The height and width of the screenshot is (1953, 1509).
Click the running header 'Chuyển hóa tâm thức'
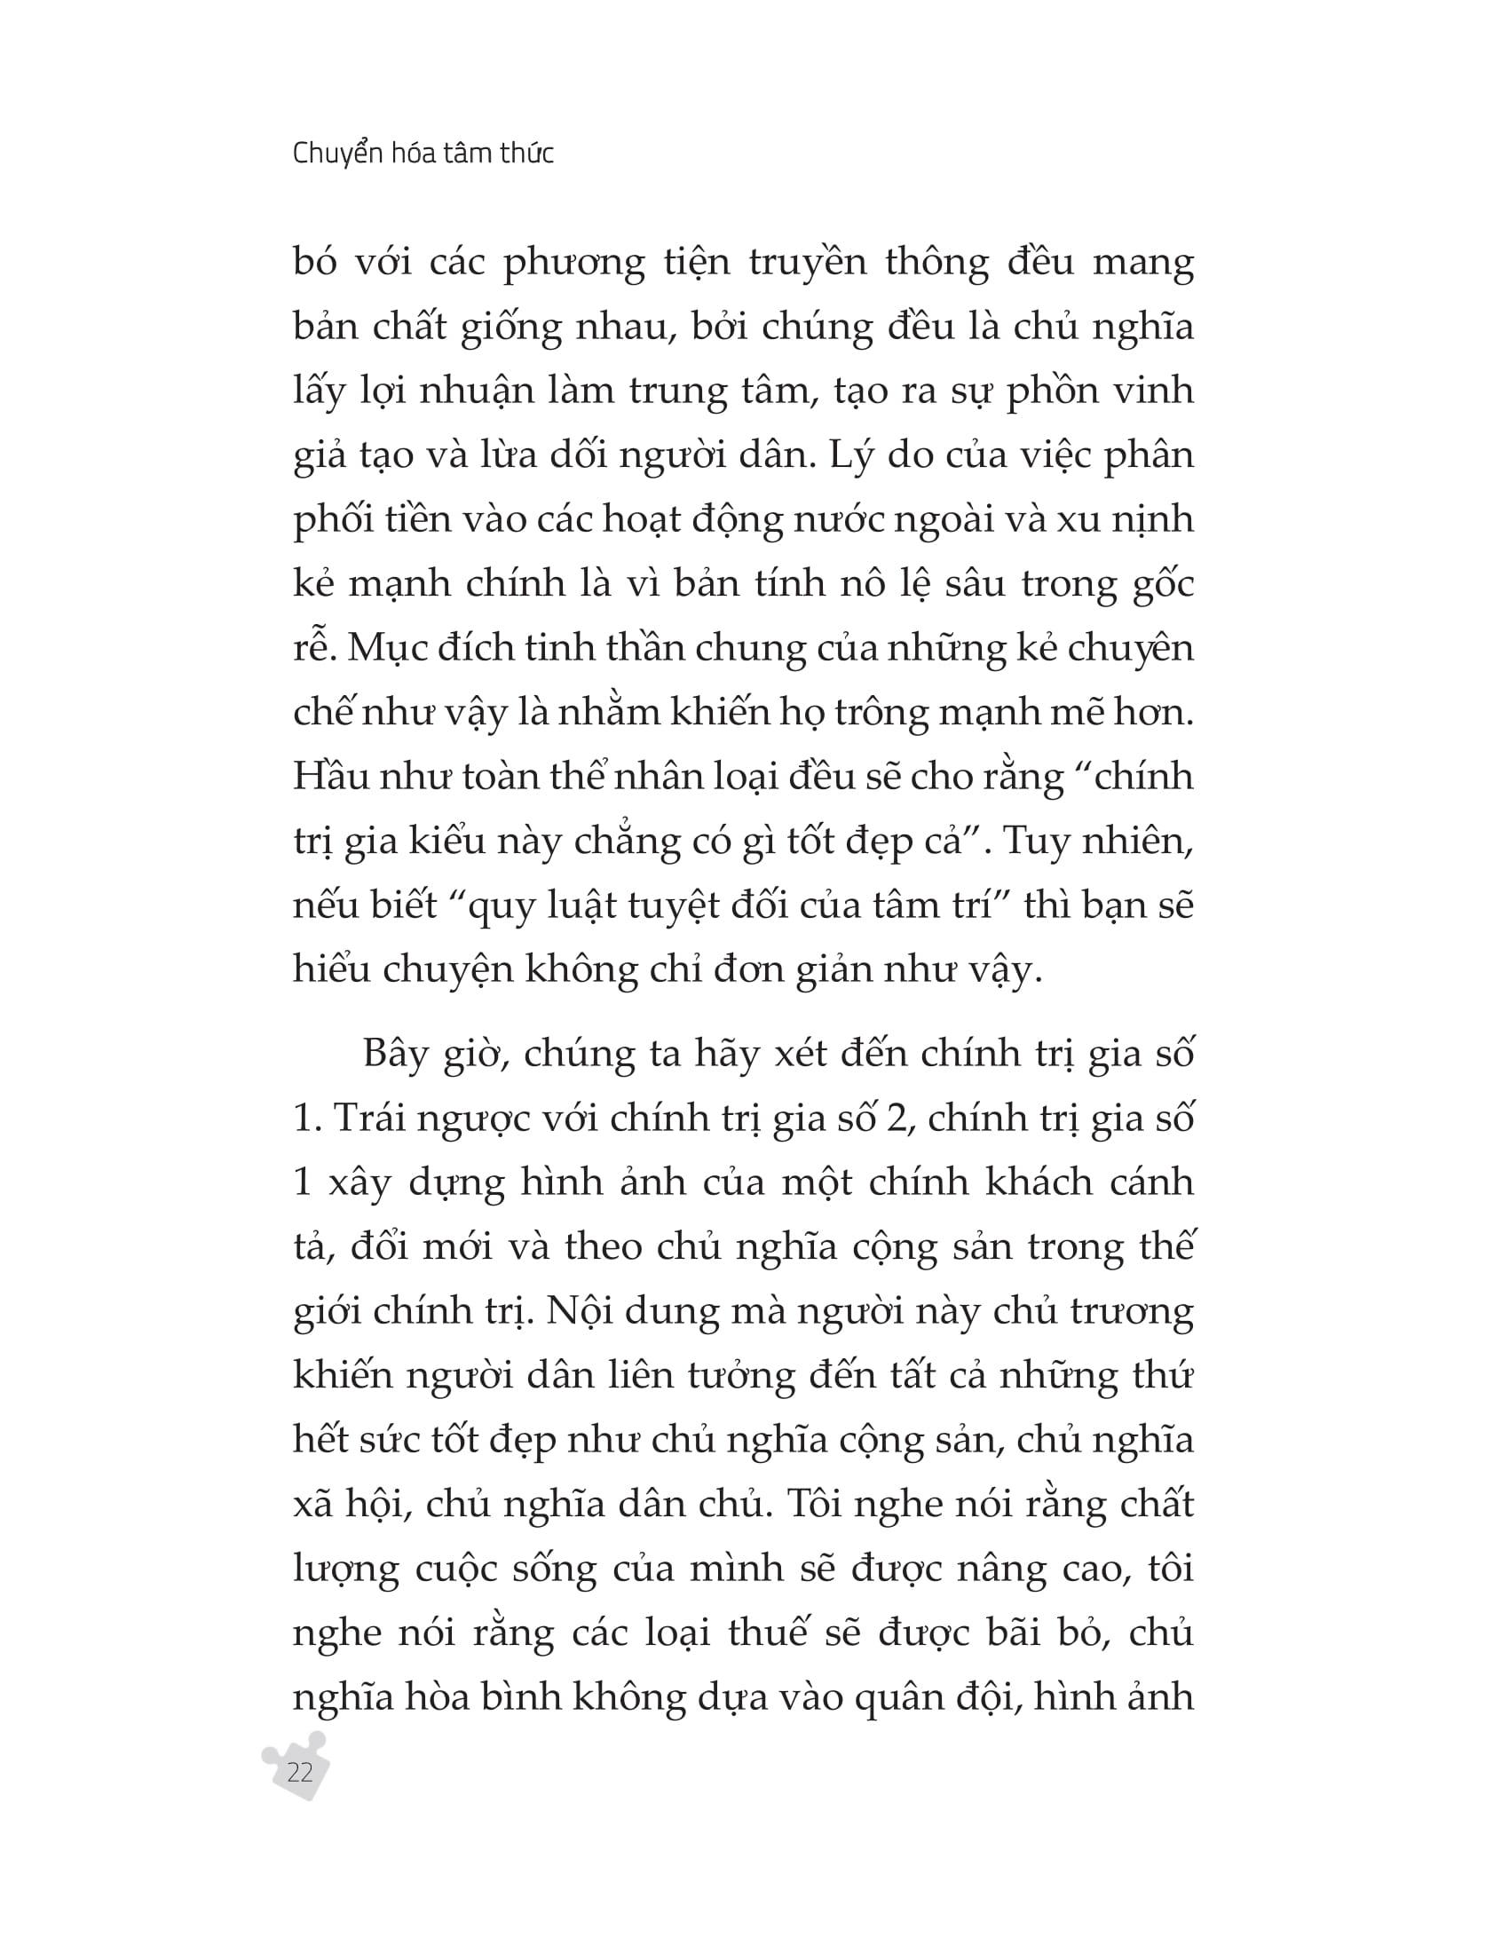[x=423, y=154]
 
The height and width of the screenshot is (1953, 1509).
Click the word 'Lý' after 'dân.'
[x=849, y=457]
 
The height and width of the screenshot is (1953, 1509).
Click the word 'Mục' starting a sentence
[x=381, y=648]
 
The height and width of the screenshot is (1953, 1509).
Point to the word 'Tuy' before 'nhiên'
[x=1036, y=842]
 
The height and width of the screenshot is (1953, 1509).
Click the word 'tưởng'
[x=741, y=1377]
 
